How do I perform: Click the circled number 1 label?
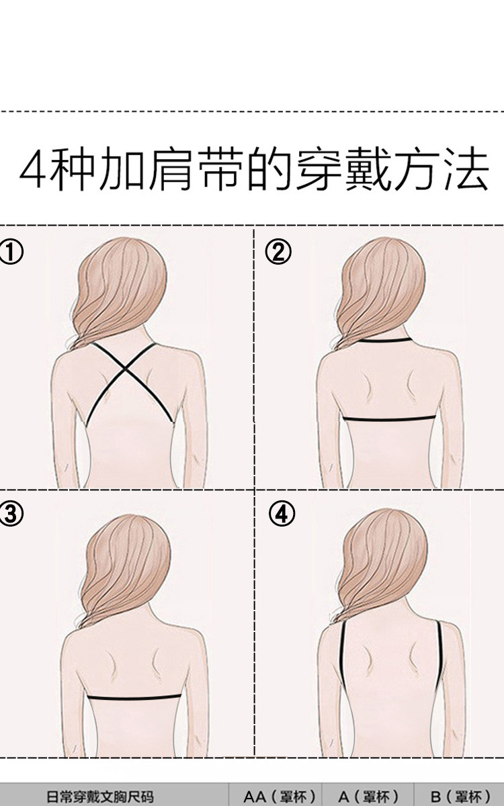(x=11, y=253)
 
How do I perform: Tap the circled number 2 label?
(x=278, y=253)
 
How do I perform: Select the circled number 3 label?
(x=11, y=514)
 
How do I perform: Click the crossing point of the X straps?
(x=125, y=368)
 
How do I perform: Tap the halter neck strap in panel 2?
(x=386, y=340)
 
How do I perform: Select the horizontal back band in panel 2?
(x=389, y=418)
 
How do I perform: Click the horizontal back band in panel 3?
(x=134, y=698)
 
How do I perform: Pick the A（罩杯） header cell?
(x=369, y=797)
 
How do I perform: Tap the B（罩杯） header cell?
(x=460, y=797)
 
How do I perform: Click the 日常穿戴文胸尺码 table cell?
(x=100, y=797)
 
